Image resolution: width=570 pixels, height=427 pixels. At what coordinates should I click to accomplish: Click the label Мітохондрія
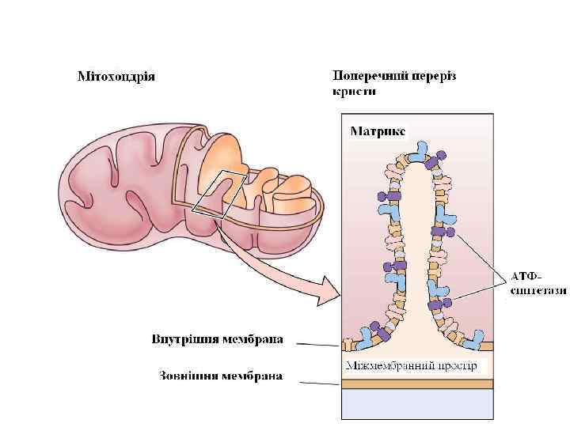click(116, 77)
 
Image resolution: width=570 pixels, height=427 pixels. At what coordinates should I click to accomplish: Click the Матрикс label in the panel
click(378, 130)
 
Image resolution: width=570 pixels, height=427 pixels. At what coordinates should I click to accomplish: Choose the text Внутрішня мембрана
click(217, 341)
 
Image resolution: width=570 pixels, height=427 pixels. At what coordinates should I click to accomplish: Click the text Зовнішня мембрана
click(220, 375)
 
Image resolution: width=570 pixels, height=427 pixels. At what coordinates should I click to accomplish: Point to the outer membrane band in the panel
click(416, 384)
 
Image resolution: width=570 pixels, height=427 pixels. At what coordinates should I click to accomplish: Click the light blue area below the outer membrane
click(416, 405)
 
